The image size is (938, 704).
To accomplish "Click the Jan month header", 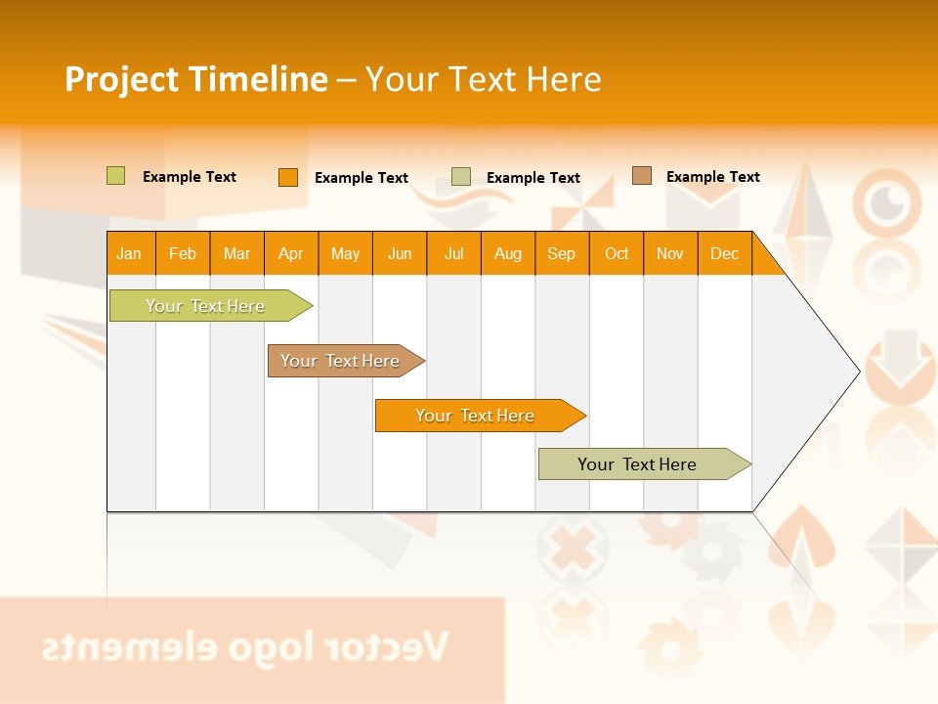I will click(129, 253).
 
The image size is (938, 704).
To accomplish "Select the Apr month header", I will click(290, 253).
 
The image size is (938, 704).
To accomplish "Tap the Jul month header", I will click(453, 253).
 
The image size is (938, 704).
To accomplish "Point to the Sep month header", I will click(561, 253).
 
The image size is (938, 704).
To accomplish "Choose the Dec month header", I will click(724, 253).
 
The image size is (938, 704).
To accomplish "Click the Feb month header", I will click(183, 253).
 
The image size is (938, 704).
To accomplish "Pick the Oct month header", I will click(617, 253).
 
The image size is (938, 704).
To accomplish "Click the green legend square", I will click(116, 176).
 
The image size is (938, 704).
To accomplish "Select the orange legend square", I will click(288, 177).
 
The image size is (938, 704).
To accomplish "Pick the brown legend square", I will click(642, 176).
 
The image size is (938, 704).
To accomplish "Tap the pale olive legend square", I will click(461, 177).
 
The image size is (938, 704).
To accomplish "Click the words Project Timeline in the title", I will click(196, 79).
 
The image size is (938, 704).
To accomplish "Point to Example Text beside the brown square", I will click(712, 177).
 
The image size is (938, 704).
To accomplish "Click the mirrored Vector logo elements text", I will click(244, 646).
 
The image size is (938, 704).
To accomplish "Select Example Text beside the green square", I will click(190, 177).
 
